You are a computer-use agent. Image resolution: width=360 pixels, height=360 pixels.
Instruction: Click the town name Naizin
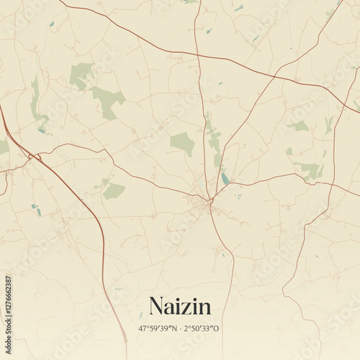pyautogui.click(x=180, y=306)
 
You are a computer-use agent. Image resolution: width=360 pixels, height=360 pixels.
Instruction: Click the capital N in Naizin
pyautogui.click(x=156, y=306)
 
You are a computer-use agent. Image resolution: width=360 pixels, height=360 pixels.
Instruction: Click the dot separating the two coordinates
pyautogui.click(x=180, y=328)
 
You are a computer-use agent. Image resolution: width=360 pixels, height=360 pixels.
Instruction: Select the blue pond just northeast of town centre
pyautogui.click(x=225, y=177)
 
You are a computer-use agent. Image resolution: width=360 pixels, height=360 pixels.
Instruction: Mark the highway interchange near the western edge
pyautogui.click(x=30, y=155)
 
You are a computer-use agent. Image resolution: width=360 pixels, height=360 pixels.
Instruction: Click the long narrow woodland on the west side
pyautogui.click(x=35, y=101)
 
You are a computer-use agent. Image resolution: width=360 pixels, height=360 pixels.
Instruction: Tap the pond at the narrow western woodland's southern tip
pyautogui.click(x=42, y=130)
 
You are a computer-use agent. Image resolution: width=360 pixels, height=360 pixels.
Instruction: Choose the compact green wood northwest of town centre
pyautogui.click(x=183, y=143)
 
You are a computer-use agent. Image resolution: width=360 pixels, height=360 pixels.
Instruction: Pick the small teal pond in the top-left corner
pyautogui.click(x=52, y=25)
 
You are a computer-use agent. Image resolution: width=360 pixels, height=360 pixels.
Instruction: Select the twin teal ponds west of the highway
pyautogui.click(x=35, y=209)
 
